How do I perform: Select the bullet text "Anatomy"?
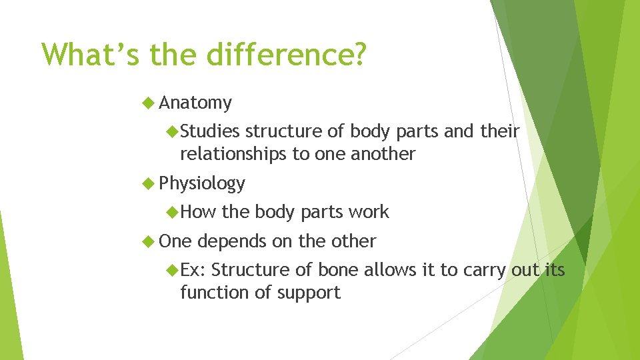coord(195,103)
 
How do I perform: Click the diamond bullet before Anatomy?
coord(149,103)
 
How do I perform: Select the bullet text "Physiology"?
coord(202,183)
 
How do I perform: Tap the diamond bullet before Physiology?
coord(149,183)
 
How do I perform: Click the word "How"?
coord(198,212)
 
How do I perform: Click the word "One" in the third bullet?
coord(175,241)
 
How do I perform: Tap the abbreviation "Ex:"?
coord(193,270)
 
